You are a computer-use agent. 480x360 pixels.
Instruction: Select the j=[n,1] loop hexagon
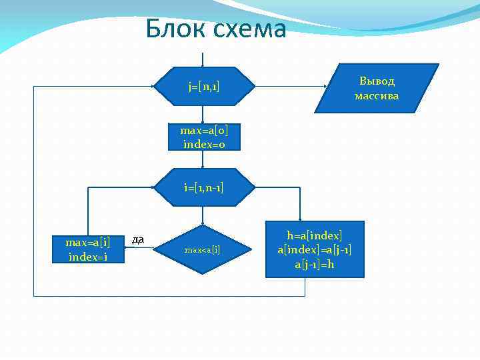tap(204, 87)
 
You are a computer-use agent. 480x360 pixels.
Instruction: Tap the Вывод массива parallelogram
tap(377, 88)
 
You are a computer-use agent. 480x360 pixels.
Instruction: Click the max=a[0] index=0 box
tap(204, 137)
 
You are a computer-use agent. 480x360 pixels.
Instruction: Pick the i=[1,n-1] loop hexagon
tap(204, 188)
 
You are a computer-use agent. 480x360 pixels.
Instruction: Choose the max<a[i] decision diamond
tap(203, 250)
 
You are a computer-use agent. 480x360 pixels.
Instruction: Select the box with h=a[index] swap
tap(315, 249)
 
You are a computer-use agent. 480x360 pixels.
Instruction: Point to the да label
tap(138, 239)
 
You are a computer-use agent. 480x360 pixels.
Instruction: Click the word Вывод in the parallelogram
tap(377, 81)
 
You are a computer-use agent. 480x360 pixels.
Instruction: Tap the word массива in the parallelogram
tap(377, 96)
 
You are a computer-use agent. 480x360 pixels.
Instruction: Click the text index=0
tap(204, 143)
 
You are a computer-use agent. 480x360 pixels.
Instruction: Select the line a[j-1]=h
tap(315, 264)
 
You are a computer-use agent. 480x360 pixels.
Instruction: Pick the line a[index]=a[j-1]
tap(315, 249)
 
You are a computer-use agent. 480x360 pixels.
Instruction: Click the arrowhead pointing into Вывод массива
tap(325, 87)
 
